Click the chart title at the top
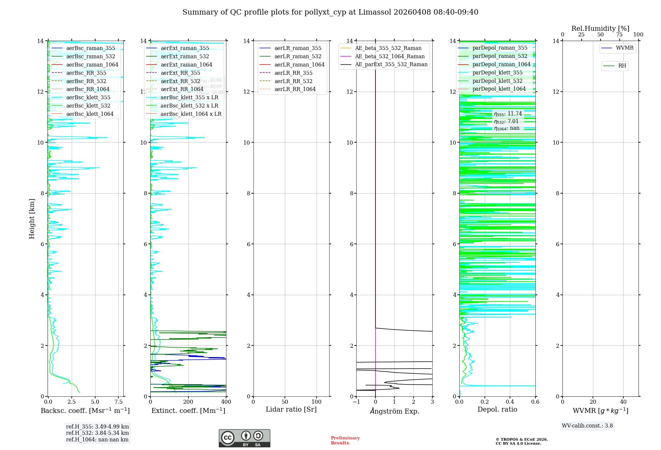click(x=330, y=12)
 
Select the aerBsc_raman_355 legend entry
click(x=91, y=48)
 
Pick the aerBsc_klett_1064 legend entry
click(x=90, y=114)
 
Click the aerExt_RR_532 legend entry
click(x=180, y=81)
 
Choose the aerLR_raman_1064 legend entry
click(x=299, y=65)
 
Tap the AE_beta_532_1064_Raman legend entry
click(x=390, y=56)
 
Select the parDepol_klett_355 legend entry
click(x=497, y=72)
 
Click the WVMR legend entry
click(x=625, y=48)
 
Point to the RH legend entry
click(x=622, y=66)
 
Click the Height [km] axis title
click(x=32, y=218)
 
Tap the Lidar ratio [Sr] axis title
click(x=291, y=410)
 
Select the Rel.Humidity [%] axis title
click(x=600, y=28)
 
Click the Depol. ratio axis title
click(x=497, y=410)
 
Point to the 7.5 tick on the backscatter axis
click(x=119, y=402)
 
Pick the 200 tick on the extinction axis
click(x=188, y=402)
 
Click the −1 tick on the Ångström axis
click(x=356, y=402)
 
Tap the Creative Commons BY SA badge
click(x=244, y=438)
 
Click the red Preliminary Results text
click(x=345, y=440)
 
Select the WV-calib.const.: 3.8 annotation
click(x=587, y=426)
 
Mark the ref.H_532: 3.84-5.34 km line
click(x=97, y=433)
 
